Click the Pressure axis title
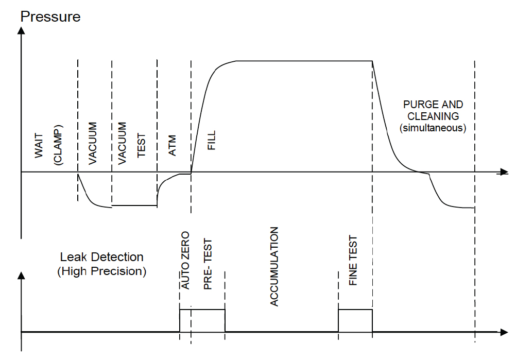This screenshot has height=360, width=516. [x=50, y=16]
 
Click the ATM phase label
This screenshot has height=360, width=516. [x=173, y=146]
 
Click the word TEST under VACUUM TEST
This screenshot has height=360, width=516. [x=142, y=146]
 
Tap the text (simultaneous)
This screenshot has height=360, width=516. [x=433, y=128]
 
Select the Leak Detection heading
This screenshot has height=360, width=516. [x=102, y=257]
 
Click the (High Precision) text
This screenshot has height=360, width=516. [x=102, y=271]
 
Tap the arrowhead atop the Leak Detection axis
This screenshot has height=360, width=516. [x=21, y=274]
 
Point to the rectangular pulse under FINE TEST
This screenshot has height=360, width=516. [x=355, y=320]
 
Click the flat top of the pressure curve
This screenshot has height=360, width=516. [x=304, y=61]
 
